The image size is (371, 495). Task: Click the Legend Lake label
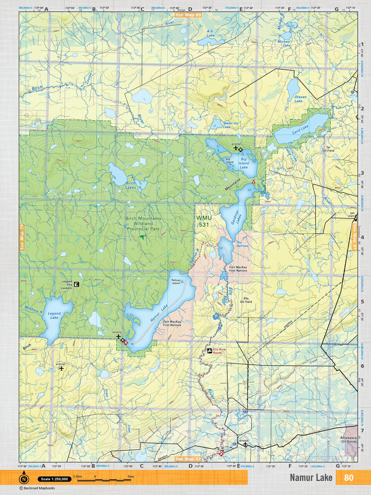[54, 315]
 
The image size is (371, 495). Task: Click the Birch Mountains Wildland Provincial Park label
[143, 223]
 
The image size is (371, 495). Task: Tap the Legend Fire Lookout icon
[76, 284]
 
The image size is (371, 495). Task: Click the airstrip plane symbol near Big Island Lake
[236, 148]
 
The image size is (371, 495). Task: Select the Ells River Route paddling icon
[209, 351]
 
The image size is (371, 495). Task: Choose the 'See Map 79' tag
[22, 237]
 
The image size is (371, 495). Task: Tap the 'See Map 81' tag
[355, 237]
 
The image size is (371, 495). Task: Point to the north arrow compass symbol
[24, 479]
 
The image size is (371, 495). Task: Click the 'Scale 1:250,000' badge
[54, 479]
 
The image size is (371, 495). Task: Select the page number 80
[348, 478]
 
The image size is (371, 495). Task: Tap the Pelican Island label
[176, 282]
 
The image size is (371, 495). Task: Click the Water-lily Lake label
[231, 125]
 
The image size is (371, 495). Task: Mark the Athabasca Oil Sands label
[348, 440]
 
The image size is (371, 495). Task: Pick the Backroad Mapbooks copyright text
[37, 488]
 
